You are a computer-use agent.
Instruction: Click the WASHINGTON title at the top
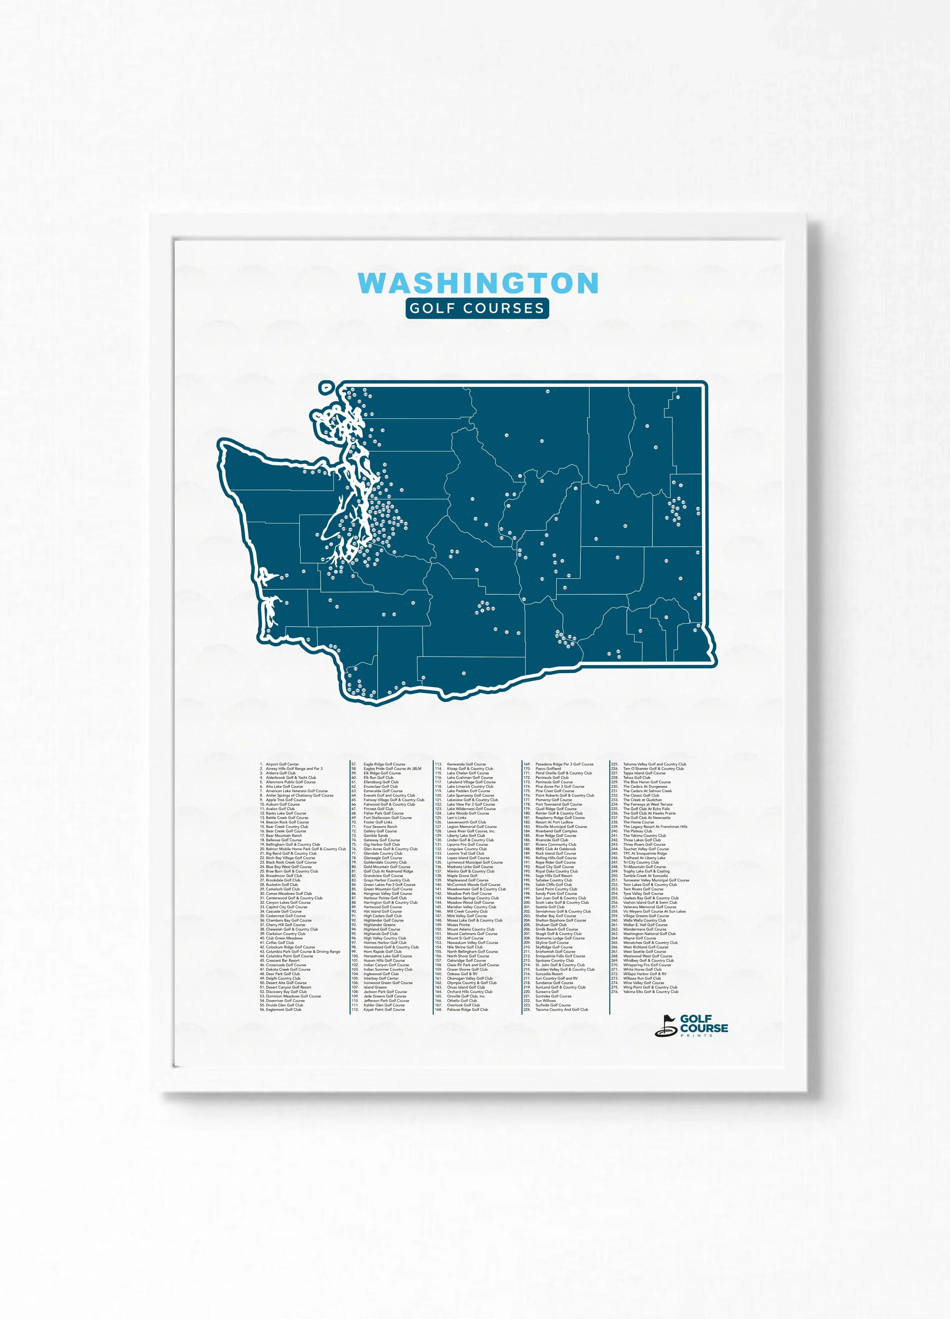[478, 283]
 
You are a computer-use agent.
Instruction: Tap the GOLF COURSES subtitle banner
[477, 308]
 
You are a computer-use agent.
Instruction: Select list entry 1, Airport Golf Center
[282, 764]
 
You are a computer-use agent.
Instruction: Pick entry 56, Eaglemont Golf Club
[283, 1010]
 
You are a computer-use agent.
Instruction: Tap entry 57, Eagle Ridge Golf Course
[384, 764]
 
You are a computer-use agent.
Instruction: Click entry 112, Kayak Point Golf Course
[384, 1010]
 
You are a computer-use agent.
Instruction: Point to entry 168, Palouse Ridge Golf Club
[467, 1010]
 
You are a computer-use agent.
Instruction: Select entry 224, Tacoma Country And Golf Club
[561, 1010]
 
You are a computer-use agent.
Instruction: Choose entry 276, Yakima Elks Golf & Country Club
[650, 992]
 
